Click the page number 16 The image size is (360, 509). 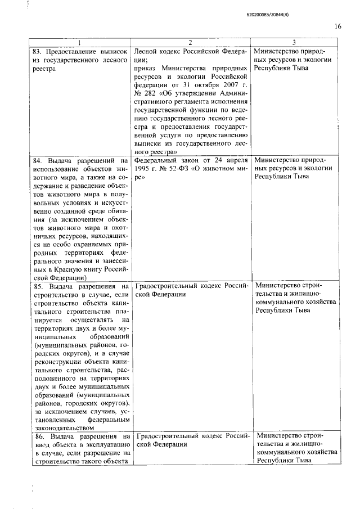point(337,26)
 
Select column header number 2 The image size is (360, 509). point(191,43)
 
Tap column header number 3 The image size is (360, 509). point(294,43)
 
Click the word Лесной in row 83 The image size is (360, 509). point(147,51)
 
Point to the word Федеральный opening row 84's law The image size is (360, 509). point(157,160)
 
